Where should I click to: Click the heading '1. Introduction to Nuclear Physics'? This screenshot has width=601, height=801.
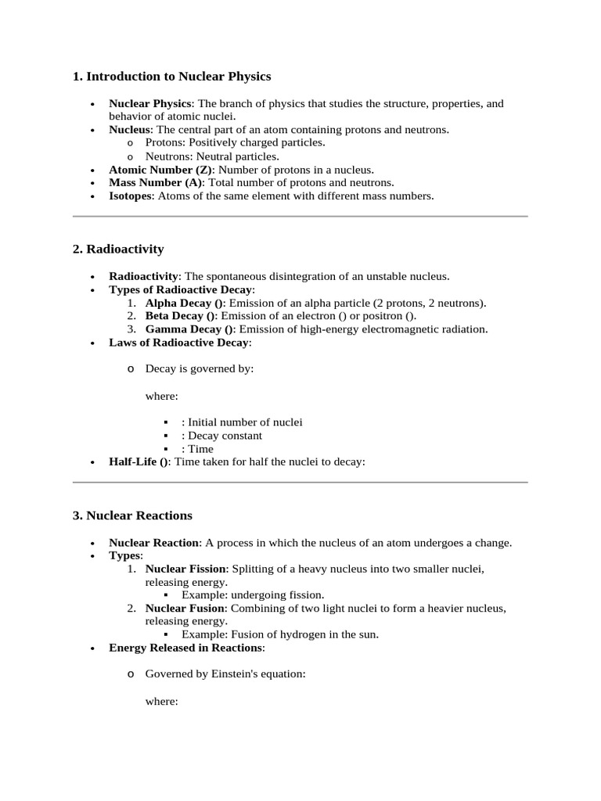coord(171,77)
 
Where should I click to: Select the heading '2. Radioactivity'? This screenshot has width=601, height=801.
coord(118,250)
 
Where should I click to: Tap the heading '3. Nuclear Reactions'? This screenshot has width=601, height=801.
coord(132,516)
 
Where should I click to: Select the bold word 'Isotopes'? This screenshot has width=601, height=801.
coord(131,196)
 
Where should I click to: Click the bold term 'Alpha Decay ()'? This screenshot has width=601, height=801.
coord(185,303)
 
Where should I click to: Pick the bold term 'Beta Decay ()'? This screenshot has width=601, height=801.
coord(180,316)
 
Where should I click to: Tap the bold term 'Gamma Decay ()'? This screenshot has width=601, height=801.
coord(189,329)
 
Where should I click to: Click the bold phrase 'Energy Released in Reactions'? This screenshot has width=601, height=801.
coord(185,648)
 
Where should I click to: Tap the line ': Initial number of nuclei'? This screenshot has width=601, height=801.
coord(241,422)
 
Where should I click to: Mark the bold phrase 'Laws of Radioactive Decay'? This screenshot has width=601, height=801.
coord(179,343)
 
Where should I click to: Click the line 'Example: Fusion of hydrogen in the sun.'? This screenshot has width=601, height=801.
coord(279,635)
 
